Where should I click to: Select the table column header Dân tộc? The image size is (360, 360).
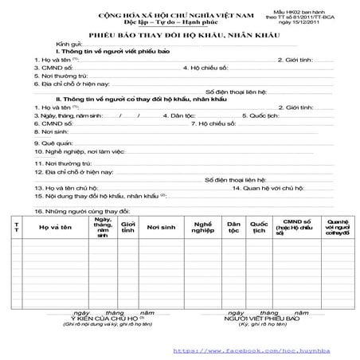tap(233, 228)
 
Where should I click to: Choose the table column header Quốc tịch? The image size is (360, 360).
tap(259, 228)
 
